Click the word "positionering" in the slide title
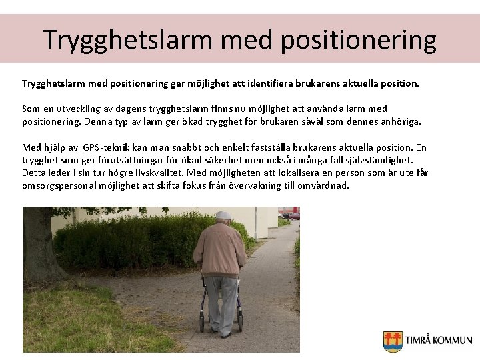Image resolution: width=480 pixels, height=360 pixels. [x=359, y=40]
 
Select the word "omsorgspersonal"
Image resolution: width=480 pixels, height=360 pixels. [x=59, y=185]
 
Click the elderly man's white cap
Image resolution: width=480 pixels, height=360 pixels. [x=224, y=215]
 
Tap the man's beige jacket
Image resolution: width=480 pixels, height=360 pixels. [x=220, y=250]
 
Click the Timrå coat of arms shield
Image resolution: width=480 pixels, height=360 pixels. [x=393, y=341]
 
